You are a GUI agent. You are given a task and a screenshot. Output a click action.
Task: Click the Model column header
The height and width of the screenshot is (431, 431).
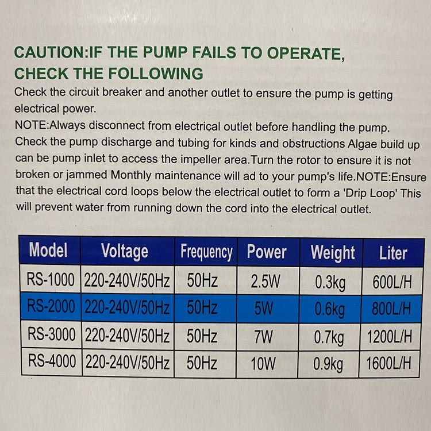coord(48,250)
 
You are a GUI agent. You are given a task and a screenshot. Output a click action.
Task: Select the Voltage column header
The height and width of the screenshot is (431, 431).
coord(125,252)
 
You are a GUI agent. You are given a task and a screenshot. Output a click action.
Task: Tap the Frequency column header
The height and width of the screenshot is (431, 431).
coord(206,252)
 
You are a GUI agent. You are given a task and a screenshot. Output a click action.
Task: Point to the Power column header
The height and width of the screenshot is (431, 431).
coord(267,252)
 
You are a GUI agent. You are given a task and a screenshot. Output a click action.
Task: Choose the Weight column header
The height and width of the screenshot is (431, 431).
coord(333,253)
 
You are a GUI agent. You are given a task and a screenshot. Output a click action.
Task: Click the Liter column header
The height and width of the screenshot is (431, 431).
coord(393,253)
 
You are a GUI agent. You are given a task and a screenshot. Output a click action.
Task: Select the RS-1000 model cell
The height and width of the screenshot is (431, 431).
coord(51,280)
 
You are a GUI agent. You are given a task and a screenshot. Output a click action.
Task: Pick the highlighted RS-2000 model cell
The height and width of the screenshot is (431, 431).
coord(51,306)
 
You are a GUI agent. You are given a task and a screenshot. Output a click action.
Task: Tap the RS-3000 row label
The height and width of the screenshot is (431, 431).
coord(51,334)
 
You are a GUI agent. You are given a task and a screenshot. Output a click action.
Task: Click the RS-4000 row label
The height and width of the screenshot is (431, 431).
coord(52,361)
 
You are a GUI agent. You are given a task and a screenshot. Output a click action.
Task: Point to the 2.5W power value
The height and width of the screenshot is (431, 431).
coord(265,282)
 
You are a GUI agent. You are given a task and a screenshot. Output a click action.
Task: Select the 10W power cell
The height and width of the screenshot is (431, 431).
coord(263,363)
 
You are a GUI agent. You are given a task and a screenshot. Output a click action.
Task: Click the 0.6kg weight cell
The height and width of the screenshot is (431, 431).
coord(330,310)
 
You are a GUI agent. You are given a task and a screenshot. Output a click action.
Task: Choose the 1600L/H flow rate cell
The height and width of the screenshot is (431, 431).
coord(388,363)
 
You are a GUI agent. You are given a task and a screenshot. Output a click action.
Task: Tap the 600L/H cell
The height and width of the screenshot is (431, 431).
coord(392,282)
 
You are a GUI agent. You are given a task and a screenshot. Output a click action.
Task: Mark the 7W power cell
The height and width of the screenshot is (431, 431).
coord(264,337)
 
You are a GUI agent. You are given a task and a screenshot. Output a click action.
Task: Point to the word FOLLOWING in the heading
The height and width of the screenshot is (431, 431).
coord(156,74)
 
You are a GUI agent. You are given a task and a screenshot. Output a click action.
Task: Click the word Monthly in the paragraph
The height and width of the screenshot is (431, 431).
coord(131,175)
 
